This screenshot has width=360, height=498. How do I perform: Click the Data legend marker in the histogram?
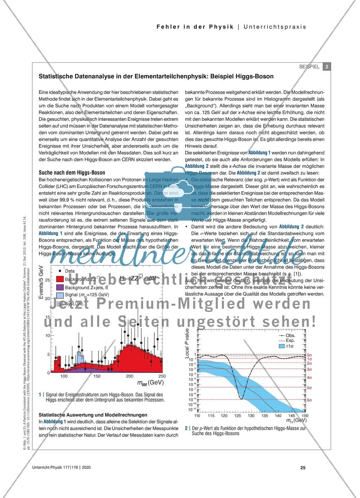tap(60, 271)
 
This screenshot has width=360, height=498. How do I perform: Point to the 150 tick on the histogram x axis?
tap(97, 376)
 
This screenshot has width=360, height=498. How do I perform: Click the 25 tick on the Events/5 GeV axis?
tap(48, 280)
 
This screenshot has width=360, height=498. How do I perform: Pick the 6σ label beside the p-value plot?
tap(309, 400)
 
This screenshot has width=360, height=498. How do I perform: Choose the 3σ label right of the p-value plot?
tap(309, 369)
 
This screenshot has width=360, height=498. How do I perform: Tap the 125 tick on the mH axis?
tap(237, 416)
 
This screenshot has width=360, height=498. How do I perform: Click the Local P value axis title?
tap(187, 344)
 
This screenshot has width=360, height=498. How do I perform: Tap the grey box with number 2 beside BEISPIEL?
tap(327, 67)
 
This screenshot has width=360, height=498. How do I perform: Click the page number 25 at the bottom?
tap(303, 467)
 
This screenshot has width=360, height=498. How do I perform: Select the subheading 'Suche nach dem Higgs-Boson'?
tap(72, 173)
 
